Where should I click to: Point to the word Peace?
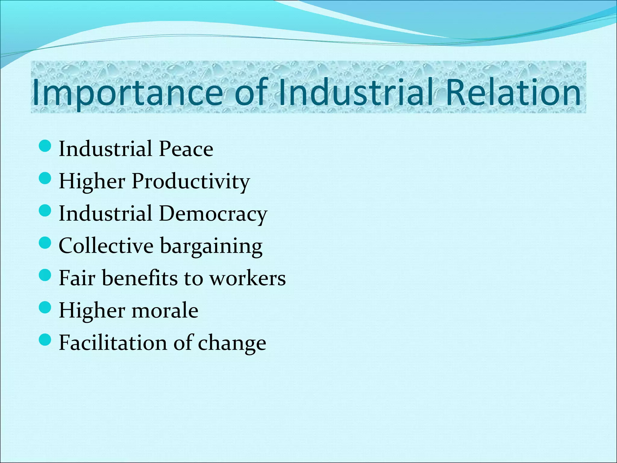point(186,149)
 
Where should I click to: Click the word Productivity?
point(191,181)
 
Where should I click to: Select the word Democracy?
point(213,214)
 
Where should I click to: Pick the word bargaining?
point(211,246)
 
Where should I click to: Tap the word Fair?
point(77,278)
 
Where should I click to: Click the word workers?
point(247,278)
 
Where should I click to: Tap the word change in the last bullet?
point(232,343)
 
